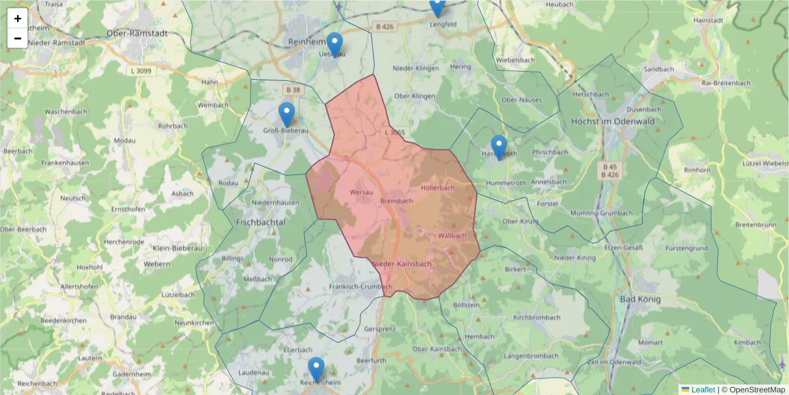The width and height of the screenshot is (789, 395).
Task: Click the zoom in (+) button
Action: coord(18,18)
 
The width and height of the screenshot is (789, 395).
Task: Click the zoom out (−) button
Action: coord(18,38)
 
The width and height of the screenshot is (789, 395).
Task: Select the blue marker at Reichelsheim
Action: coord(316,369)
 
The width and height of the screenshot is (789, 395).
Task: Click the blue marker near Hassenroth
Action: coord(499,147)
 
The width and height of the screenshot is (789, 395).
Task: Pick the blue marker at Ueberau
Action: coord(335,45)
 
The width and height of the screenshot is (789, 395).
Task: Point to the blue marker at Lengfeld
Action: coord(437,7)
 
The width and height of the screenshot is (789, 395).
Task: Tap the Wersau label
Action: coord(362,192)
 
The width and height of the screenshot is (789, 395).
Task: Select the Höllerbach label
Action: coord(437,188)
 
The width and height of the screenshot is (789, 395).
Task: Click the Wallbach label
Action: coord(452,235)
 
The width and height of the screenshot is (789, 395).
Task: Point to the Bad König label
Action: coord(640,299)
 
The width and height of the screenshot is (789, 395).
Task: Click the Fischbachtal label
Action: coord(260,223)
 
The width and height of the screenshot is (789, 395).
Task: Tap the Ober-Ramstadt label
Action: coord(137,33)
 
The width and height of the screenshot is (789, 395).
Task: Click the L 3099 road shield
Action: coord(142,70)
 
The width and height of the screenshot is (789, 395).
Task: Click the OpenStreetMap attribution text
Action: coord(755,390)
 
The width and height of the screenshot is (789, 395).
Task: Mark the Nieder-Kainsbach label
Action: coord(402,264)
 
